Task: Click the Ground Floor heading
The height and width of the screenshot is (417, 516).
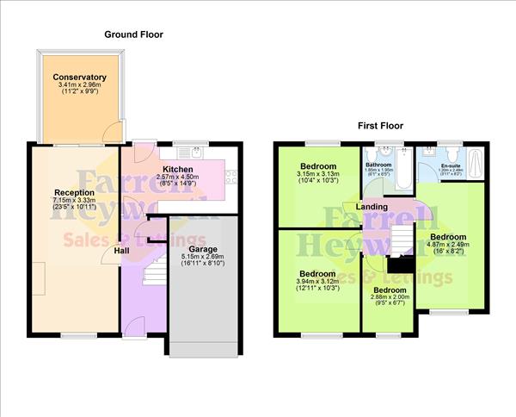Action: click(133, 34)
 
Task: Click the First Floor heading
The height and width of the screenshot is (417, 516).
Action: click(380, 126)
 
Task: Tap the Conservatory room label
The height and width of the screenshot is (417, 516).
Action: click(79, 78)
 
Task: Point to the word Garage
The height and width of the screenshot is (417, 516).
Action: click(203, 249)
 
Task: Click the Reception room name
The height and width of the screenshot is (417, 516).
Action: click(68, 192)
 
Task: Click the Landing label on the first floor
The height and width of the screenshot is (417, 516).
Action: click(372, 208)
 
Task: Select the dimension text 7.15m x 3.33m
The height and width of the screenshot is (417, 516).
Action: click(68, 201)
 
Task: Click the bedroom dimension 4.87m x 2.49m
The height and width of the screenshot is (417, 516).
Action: click(448, 246)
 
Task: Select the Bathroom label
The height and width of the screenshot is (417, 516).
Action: click(378, 165)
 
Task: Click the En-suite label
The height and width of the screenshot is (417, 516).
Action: click(451, 165)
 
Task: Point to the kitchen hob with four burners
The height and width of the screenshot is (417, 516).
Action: click(230, 178)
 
